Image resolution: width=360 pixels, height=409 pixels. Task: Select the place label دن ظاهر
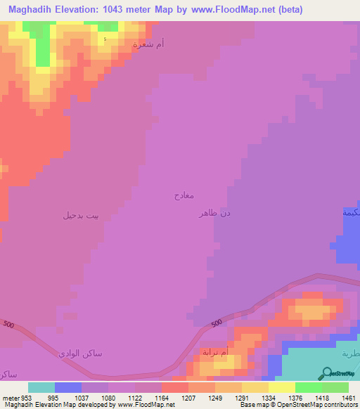[x=215, y=212]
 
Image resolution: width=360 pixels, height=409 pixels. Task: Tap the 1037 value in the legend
[x=82, y=397]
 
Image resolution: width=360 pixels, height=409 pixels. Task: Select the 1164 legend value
[x=162, y=397]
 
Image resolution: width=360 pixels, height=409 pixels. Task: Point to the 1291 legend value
[x=242, y=397]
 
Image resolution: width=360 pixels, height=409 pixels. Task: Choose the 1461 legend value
[x=348, y=397]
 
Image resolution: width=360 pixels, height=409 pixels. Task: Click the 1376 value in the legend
[x=295, y=397]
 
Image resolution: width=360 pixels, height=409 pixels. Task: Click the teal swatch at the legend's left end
[x=41, y=387]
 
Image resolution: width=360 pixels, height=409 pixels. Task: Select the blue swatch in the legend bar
[x=68, y=387]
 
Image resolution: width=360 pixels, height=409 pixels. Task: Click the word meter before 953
[x=11, y=397]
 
